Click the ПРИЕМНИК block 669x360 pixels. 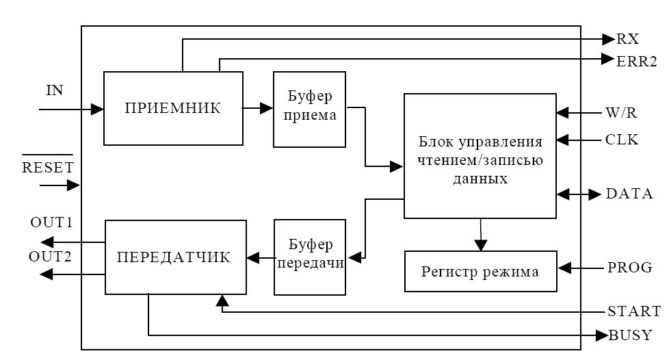pos(172,108)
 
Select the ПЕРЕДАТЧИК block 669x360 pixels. pos(174,257)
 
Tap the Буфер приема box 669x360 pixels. pos(309,109)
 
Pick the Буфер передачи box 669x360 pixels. pos(310,257)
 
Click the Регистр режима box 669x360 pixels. pos(480,272)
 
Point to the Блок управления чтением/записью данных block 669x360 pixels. pos(480,156)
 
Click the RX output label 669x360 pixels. pos(627,39)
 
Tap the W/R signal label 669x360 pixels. pos(622,112)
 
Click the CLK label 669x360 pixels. pos(622,140)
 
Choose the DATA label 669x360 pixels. pos(629,194)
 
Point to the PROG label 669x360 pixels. pos(629,268)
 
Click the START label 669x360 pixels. pos(634,311)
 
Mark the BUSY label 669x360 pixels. pos(631,335)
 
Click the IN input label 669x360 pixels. pos(54,90)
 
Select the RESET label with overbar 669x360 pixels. pos(47,167)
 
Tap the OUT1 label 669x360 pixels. pos(51,223)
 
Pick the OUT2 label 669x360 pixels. pos(51,257)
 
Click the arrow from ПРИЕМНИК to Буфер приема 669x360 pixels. pos(258,108)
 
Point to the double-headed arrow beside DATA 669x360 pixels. pos(579,194)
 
